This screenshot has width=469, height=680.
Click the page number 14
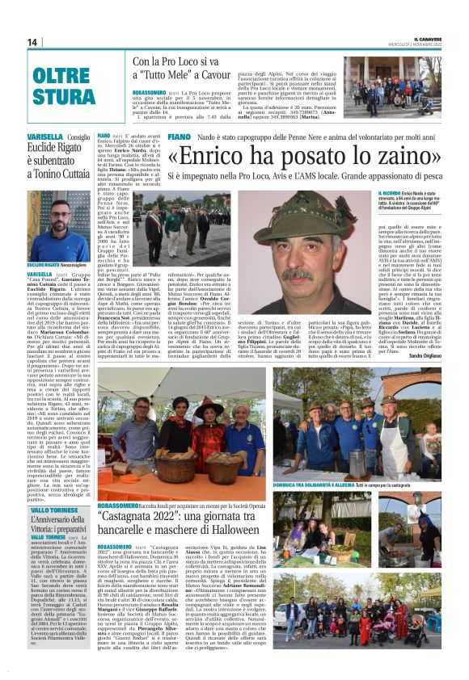coord(33,41)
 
